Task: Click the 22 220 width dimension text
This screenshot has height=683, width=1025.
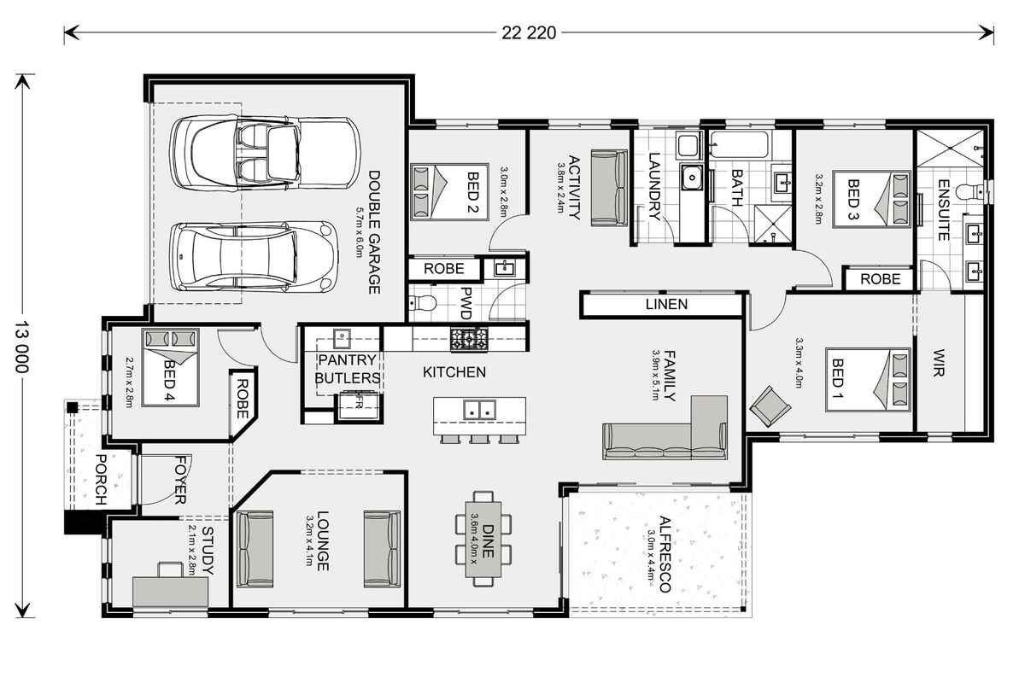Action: pyautogui.click(x=529, y=33)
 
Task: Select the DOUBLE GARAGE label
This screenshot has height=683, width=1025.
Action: pyautogui.click(x=373, y=232)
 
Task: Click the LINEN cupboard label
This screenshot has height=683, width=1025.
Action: pyautogui.click(x=666, y=304)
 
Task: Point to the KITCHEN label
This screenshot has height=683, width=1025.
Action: pyautogui.click(x=454, y=372)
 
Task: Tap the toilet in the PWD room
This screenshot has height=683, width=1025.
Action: pyautogui.click(x=423, y=302)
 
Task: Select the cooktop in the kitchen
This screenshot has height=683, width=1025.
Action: pyautogui.click(x=469, y=339)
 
